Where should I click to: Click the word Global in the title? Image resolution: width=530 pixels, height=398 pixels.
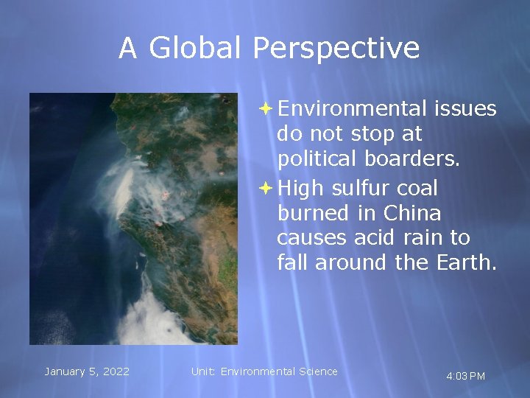tap(196, 49)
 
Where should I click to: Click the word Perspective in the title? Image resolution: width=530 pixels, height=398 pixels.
tap(336, 49)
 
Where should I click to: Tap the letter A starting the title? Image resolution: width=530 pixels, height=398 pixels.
tap(128, 49)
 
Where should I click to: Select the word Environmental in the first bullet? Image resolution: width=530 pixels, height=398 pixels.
tap(353, 109)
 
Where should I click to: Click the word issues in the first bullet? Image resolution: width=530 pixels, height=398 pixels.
tap(465, 109)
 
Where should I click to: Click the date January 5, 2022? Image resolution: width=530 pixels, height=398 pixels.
tap(87, 371)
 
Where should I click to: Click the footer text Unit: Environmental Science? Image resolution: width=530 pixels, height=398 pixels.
tap(264, 371)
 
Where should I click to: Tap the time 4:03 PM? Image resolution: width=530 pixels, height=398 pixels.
tap(465, 377)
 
